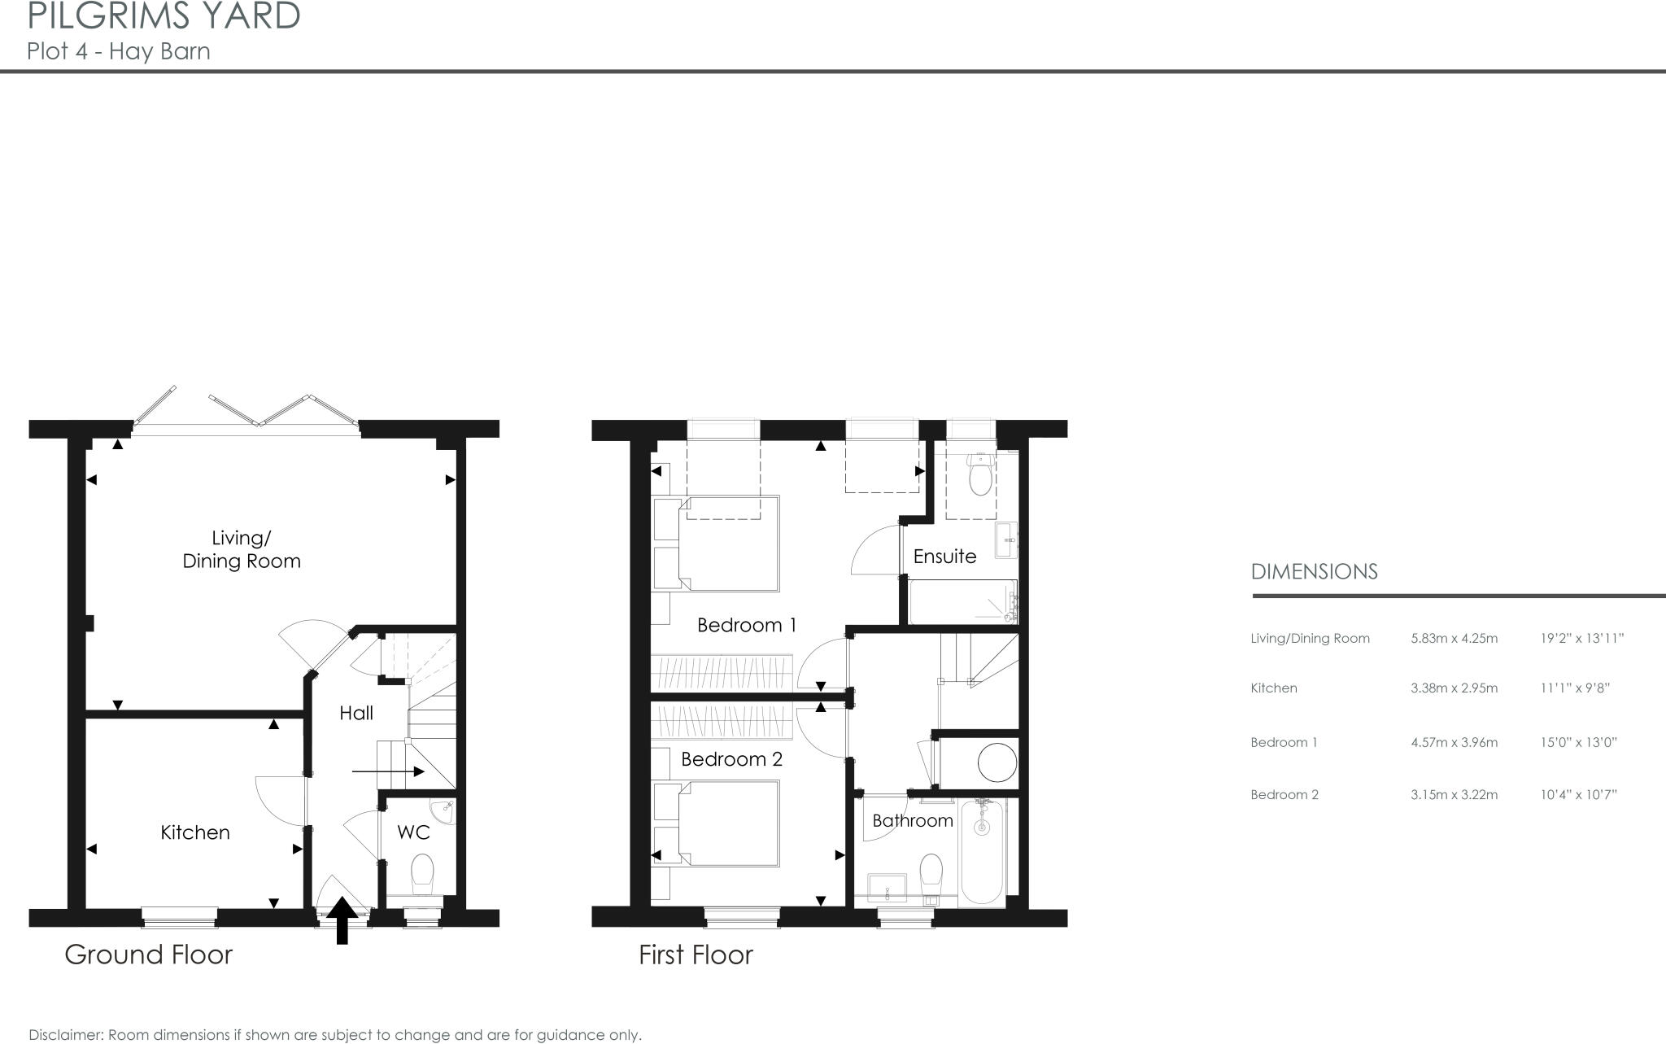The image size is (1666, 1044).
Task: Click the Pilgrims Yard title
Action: tap(164, 16)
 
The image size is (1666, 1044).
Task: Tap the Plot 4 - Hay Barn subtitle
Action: tap(119, 51)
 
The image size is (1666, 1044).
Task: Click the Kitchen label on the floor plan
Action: tap(195, 832)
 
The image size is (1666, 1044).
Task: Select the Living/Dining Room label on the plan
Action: tap(242, 549)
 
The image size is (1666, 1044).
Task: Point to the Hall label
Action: tap(356, 714)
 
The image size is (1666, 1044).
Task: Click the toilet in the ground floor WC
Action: tap(422, 873)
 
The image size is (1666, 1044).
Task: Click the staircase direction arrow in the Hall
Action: tap(388, 771)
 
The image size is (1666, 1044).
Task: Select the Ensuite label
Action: tap(944, 557)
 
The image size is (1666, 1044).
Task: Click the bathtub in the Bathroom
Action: tap(983, 852)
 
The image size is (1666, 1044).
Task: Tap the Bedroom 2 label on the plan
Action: tap(731, 759)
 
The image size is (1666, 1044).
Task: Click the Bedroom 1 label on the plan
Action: tap(747, 625)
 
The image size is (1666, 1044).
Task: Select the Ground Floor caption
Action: tap(149, 954)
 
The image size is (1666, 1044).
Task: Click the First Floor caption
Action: tap(696, 954)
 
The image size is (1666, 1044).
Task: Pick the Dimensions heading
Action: tap(1314, 572)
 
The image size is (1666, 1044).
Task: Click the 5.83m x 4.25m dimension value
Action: tap(1454, 639)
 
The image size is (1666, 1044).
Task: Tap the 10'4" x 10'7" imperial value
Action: tap(1578, 795)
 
